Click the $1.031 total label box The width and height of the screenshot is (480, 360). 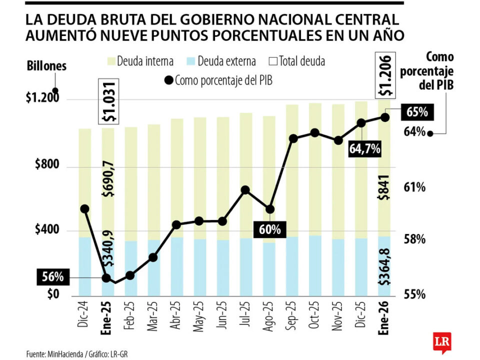[109, 101]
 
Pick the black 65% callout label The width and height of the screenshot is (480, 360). [416, 112]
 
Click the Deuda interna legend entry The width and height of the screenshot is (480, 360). [139, 61]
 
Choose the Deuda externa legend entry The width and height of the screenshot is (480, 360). [220, 61]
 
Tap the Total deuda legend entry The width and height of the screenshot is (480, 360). [296, 61]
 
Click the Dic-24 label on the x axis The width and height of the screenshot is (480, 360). [84, 314]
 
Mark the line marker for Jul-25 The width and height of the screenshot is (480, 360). [245, 190]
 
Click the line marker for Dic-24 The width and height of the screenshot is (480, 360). [84, 209]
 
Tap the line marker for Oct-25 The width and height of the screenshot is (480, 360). [314, 133]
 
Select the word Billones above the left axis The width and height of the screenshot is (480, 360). [46, 66]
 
